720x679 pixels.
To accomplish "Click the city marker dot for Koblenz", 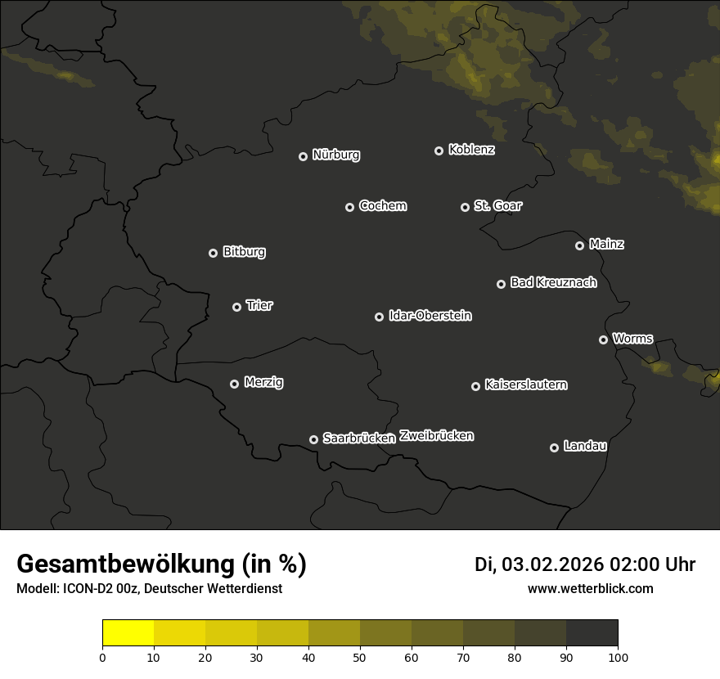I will (439, 151).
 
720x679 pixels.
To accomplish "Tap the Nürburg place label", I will (335, 155).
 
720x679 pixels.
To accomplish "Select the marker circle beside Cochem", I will (349, 207).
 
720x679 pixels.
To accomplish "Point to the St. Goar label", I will (497, 205).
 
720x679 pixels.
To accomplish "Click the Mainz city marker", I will (579, 245).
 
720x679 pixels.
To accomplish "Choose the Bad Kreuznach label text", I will (553, 282).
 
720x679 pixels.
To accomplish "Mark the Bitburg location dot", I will (213, 253).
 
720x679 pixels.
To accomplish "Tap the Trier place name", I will (259, 305).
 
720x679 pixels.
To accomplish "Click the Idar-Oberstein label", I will (430, 315).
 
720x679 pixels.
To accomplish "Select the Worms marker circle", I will (603, 339).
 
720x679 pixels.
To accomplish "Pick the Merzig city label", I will (263, 382).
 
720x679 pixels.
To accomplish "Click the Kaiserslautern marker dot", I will (475, 386).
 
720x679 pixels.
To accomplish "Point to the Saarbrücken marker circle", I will (313, 439).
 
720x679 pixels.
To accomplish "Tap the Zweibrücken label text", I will (436, 436).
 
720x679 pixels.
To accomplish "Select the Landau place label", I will (585, 446).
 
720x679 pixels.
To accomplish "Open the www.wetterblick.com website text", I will (590, 588).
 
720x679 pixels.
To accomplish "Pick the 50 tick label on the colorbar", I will (360, 657).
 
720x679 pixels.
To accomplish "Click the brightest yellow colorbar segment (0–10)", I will (128, 633).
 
